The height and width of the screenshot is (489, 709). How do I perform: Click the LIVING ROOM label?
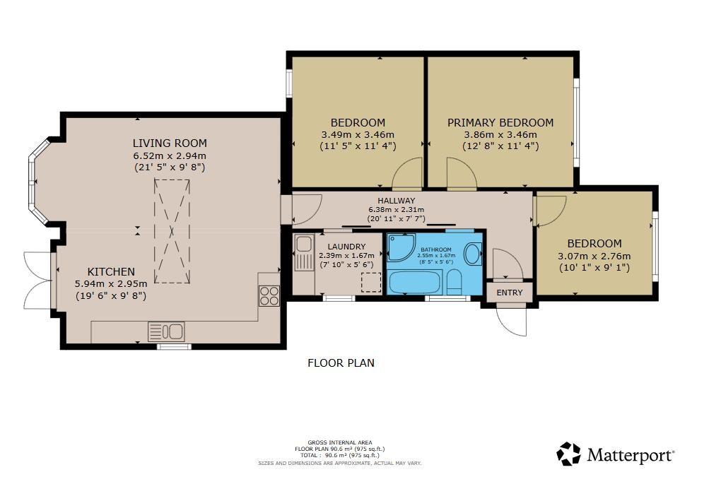coord(170,143)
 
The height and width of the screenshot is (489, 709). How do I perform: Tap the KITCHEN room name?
coord(111,271)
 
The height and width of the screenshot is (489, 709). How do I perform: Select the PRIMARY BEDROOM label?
coord(500,122)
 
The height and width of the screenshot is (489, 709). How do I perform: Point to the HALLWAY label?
coord(397,201)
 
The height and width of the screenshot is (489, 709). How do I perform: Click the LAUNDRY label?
coord(346,247)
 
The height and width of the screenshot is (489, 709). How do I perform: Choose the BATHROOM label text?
coord(436,249)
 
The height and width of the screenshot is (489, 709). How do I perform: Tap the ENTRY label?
coord(510,293)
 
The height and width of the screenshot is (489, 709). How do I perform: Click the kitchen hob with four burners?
coord(269,296)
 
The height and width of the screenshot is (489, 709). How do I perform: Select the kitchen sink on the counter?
coord(166,331)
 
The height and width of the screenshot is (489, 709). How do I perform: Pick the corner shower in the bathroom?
coord(402,247)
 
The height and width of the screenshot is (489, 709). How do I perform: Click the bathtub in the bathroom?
coord(416,282)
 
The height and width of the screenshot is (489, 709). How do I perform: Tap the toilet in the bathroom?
coord(454,283)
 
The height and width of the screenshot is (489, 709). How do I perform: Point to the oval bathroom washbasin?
coord(473,254)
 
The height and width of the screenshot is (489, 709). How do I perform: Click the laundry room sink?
coord(304,252)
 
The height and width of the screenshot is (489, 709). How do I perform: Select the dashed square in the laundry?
coord(371,283)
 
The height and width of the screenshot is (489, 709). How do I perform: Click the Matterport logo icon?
coord(568,454)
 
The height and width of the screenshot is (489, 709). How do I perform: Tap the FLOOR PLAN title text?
coord(341,363)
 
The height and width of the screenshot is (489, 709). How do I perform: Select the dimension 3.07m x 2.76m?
coord(594,257)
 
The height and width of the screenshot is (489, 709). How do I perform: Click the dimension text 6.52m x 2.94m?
coord(170,156)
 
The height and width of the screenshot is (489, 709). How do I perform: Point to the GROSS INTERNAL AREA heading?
coord(340,442)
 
